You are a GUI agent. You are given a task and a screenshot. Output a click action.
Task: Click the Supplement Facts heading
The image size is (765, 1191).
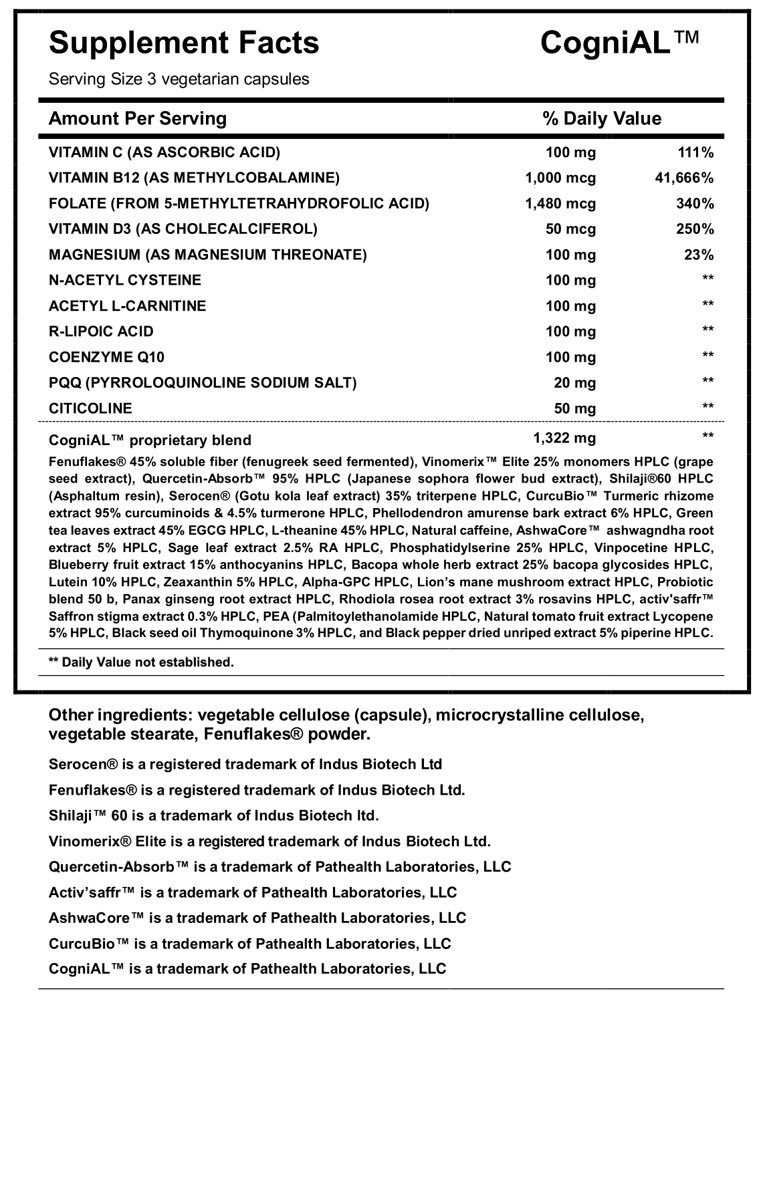(x=184, y=43)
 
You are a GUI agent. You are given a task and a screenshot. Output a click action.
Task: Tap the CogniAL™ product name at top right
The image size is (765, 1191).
(x=619, y=43)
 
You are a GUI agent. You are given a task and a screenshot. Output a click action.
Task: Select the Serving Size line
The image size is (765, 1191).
(x=179, y=80)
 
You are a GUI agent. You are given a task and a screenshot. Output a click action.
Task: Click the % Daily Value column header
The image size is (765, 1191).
(x=602, y=119)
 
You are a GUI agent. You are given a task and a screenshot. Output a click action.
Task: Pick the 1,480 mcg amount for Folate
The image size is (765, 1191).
(x=560, y=203)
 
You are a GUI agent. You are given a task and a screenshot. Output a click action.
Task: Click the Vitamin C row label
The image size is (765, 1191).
(x=165, y=152)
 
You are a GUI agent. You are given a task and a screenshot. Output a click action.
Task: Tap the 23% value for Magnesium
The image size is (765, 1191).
(x=699, y=255)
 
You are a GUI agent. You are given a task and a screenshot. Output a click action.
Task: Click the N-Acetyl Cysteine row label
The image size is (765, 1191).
(x=125, y=280)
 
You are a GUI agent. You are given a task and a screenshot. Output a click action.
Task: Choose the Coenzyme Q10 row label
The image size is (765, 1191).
(x=106, y=357)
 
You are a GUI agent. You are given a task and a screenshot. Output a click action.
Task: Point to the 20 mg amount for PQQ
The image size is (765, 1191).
(x=574, y=383)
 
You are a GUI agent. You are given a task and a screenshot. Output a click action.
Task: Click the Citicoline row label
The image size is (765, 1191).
(x=90, y=408)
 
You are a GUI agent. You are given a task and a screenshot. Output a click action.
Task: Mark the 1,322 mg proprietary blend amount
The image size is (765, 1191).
(x=564, y=438)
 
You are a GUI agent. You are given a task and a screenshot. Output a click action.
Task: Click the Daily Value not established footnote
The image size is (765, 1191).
(x=141, y=662)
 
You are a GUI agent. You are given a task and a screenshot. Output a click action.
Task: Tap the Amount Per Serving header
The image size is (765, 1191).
(x=138, y=119)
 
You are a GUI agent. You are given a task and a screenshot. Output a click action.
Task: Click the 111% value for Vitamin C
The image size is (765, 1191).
(x=695, y=152)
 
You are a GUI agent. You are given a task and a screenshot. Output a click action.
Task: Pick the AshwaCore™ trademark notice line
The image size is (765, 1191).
(x=257, y=918)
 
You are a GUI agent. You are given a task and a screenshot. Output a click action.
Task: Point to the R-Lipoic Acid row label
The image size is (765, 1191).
(x=101, y=332)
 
